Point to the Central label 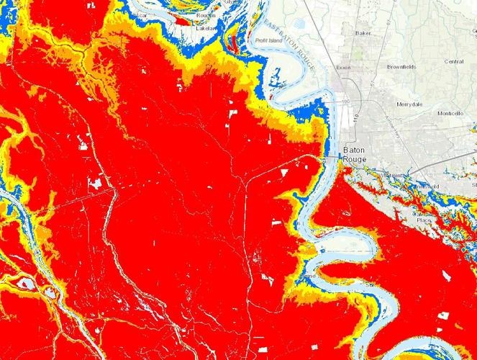click(453, 62)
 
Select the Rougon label click(206, 14)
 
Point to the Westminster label click(391, 175)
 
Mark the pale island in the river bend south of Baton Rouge click(338, 252)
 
